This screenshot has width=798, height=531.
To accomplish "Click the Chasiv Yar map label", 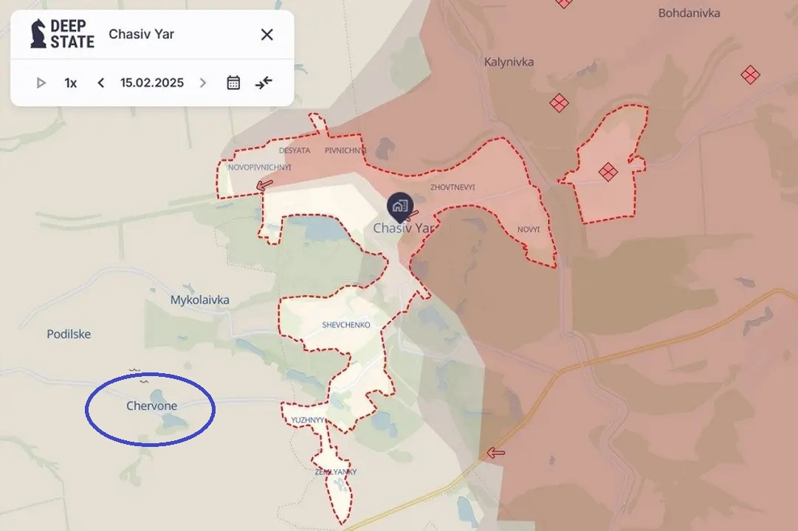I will click(x=402, y=229).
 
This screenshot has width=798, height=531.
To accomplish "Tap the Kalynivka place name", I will click(x=509, y=62).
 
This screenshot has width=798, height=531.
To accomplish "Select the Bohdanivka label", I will click(x=689, y=13).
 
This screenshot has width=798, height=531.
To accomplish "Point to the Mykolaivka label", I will click(x=199, y=300).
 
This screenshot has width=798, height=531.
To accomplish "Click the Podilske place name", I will click(x=69, y=334).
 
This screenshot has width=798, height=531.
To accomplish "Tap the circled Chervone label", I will click(x=151, y=406).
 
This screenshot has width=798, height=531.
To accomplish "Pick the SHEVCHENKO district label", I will click(x=346, y=325).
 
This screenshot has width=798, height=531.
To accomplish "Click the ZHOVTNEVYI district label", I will click(x=453, y=187).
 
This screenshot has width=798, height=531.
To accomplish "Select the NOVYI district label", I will click(x=529, y=230).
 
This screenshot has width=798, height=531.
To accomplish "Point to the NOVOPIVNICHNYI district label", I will click(x=259, y=167).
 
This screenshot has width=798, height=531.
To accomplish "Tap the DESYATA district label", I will click(x=295, y=150).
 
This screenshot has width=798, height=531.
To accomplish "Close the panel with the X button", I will click(x=267, y=34).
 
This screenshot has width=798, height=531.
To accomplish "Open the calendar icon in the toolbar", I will click(x=233, y=83).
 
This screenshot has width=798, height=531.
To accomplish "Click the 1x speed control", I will click(x=71, y=83).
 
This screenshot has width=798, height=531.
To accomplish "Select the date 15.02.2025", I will click(x=152, y=83).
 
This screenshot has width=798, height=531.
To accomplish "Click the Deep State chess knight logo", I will click(x=38, y=34).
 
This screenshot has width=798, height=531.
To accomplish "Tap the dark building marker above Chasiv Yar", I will click(x=399, y=206).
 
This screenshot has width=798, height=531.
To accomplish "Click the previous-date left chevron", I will click(x=101, y=83).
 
